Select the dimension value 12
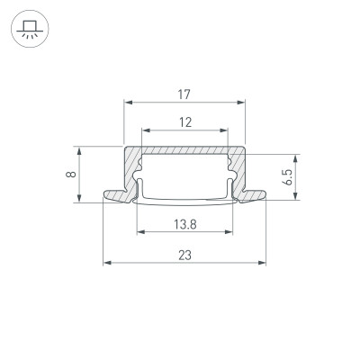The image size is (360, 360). click(x=184, y=122)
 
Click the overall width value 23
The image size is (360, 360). click(x=184, y=255)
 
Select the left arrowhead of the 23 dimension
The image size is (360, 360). click(x=107, y=264)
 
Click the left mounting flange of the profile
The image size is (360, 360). click(x=115, y=193)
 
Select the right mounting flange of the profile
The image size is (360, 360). click(x=256, y=193)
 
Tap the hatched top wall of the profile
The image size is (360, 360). click(x=184, y=152)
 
